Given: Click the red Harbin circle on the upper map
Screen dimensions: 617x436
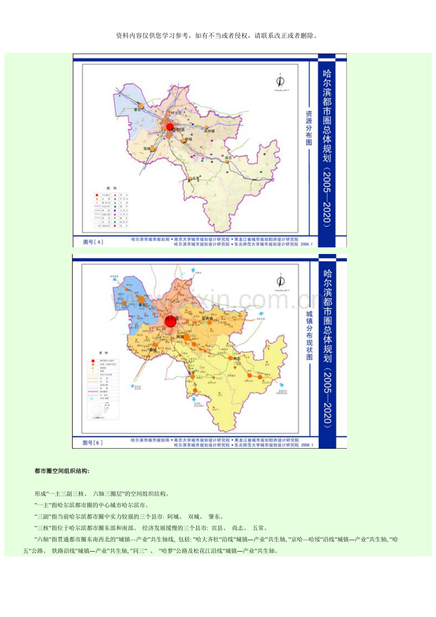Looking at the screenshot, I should click(x=169, y=127).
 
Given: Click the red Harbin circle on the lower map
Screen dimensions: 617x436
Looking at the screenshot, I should click(x=171, y=320).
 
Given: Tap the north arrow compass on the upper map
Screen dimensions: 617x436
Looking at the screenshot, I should click(x=280, y=81).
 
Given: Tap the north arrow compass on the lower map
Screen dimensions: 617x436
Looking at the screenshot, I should click(x=280, y=281).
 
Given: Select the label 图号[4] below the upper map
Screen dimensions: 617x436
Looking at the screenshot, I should click(x=93, y=242).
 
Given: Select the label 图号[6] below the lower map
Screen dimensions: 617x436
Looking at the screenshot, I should click(x=93, y=443).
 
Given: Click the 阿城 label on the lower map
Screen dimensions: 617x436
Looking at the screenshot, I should click(x=180, y=337).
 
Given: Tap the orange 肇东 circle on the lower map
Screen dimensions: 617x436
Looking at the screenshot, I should click(x=141, y=299).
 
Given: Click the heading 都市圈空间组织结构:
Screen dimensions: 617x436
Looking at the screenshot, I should click(x=62, y=471).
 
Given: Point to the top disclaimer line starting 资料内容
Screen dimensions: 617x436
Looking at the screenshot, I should click(x=217, y=36).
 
